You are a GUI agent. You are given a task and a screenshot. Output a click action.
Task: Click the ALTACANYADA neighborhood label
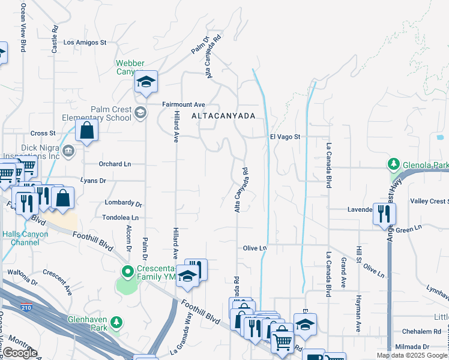(224, 116)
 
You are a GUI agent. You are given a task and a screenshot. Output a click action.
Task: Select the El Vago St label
(285, 137)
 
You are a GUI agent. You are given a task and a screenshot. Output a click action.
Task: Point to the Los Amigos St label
(85, 43)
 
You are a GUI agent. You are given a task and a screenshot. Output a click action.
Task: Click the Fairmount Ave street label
(184, 104)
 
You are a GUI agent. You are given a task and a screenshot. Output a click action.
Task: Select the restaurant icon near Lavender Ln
(381, 214)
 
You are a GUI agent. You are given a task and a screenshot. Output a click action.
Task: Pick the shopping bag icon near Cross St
(87, 130)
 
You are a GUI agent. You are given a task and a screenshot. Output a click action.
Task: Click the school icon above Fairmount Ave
(145, 82)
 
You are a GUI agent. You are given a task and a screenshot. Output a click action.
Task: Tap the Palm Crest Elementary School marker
(140, 112)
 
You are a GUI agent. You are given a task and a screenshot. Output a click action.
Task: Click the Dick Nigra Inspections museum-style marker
(68, 149)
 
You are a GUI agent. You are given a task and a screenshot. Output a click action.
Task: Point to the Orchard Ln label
(115, 164)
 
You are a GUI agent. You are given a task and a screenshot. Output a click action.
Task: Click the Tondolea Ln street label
(121, 218)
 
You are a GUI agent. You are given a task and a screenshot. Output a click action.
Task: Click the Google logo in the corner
(20, 352)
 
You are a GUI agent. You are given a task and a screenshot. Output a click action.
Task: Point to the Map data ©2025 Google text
(412, 355)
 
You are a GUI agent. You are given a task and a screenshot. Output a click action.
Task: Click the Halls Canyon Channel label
(21, 238)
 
